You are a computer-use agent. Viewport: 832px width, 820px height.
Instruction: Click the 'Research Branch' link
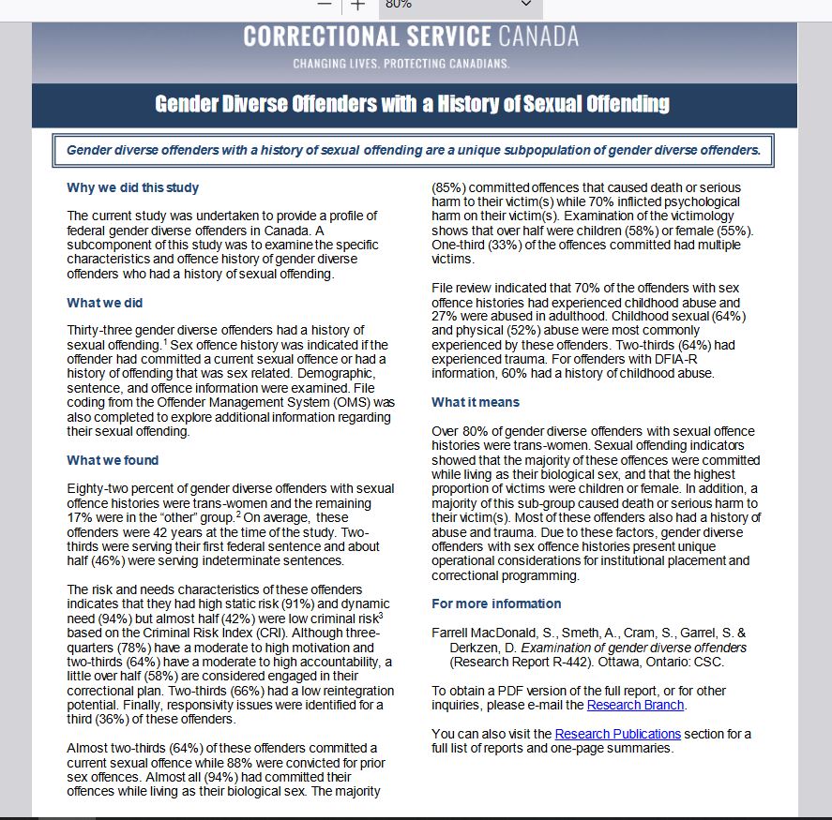(636, 705)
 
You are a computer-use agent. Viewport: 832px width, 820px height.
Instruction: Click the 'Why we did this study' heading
(132, 187)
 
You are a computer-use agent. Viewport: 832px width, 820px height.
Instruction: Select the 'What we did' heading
(104, 303)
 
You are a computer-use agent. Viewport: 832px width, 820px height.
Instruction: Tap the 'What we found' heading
(113, 460)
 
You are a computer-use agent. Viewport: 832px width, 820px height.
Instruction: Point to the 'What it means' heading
(475, 402)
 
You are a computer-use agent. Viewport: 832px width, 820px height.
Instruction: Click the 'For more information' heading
(496, 604)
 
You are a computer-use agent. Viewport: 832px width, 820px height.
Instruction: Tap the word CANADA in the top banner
(538, 37)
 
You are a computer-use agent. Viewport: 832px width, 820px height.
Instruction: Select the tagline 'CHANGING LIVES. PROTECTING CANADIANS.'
(401, 64)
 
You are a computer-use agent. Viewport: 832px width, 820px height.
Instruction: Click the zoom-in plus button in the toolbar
(357, 5)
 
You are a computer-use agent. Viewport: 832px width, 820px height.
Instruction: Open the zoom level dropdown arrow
(525, 5)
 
